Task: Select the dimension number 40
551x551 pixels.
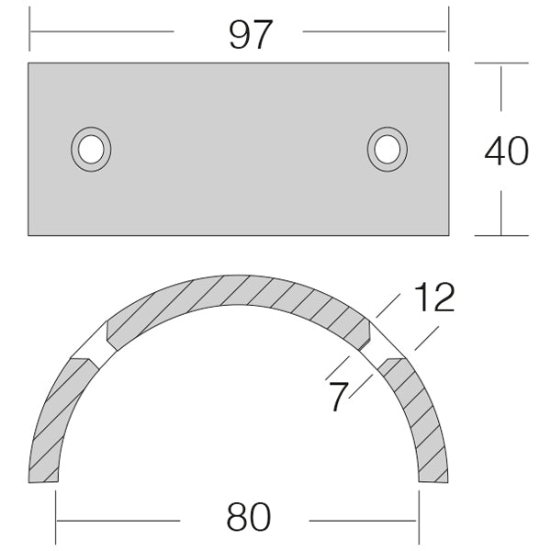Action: coord(506,151)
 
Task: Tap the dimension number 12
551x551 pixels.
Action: coord(433,298)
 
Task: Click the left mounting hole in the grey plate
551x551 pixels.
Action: coord(91,148)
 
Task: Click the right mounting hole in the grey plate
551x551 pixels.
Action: coord(387,148)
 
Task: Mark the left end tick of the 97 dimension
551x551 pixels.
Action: coord(30,30)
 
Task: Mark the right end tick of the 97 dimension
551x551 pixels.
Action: coord(448,30)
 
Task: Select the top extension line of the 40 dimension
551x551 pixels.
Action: coord(501,62)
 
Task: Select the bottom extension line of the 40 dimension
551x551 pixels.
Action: coord(501,235)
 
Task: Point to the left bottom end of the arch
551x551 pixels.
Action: coord(43,479)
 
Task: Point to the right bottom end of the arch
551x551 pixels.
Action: coord(433,479)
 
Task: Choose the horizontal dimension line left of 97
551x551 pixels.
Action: coord(101,31)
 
